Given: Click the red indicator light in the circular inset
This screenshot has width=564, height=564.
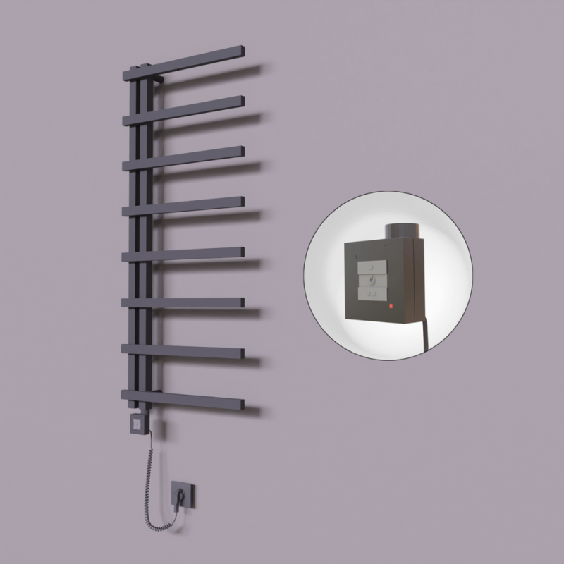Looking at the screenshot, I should pos(386,307).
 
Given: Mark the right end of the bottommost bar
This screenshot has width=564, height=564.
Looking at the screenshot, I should pos(240,405).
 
